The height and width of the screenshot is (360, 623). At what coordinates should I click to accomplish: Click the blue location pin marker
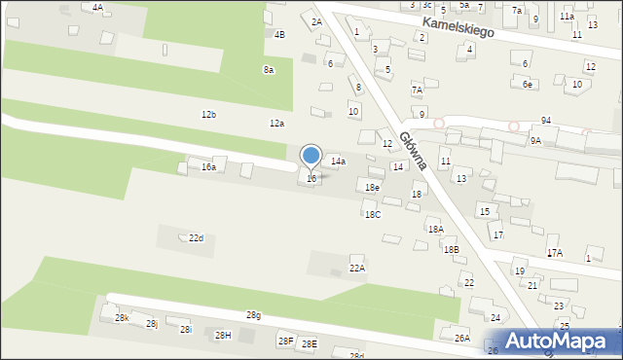(311, 156)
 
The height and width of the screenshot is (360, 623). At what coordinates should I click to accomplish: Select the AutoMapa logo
(563, 341)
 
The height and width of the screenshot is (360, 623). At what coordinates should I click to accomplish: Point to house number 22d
(196, 238)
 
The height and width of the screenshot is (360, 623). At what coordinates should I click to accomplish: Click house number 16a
(208, 167)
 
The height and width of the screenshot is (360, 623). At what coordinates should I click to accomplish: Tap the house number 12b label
(208, 115)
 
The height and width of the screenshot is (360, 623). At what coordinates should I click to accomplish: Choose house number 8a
(268, 70)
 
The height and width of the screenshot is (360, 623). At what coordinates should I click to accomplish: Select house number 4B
(279, 35)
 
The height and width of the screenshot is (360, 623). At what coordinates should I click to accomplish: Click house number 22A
(357, 268)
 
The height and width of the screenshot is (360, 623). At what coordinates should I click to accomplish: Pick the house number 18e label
(372, 187)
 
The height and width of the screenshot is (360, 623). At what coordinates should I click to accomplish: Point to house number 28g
(253, 315)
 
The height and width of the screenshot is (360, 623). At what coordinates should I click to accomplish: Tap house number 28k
(122, 318)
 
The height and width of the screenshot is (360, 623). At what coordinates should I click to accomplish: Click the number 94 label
(546, 120)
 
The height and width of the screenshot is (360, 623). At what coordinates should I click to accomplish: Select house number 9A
(535, 141)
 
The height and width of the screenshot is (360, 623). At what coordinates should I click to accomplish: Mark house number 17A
(555, 253)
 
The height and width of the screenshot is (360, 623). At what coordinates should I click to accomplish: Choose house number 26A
(461, 338)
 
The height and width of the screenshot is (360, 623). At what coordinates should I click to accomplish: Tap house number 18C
(373, 214)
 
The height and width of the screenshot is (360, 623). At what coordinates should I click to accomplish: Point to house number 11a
(567, 17)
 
